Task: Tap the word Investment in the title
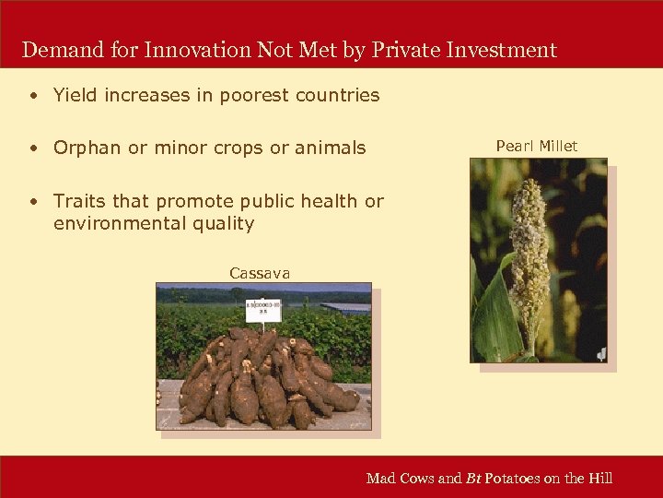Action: click(x=502, y=50)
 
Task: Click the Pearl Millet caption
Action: click(x=537, y=146)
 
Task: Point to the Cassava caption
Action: click(x=260, y=273)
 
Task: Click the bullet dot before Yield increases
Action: click(x=32, y=95)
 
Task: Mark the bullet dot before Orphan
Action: click(x=32, y=148)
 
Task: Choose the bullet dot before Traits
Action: click(x=32, y=201)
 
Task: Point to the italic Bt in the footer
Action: click(x=474, y=478)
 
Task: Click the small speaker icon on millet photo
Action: click(x=600, y=353)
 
